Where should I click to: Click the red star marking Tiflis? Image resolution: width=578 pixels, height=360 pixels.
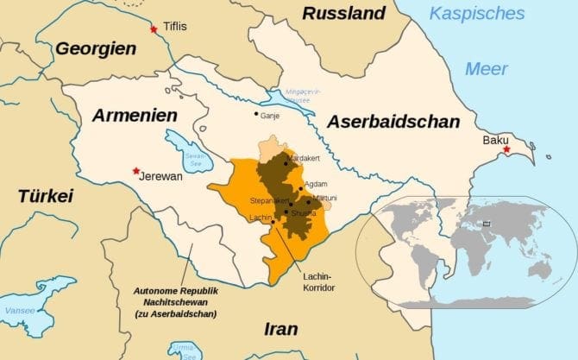coord(154,29)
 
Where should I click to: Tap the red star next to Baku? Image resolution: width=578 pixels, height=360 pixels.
coord(506,150)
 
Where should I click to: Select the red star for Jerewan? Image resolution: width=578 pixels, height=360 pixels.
coord(135,171)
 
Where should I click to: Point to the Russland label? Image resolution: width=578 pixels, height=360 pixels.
coord(343,13)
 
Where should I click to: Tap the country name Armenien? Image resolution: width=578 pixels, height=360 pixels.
coord(135,116)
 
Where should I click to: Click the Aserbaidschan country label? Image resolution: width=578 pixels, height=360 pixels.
coord(393,122)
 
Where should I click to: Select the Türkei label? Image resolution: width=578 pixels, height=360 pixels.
coord(45,196)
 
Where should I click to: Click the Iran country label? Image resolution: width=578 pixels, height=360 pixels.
coord(281,329)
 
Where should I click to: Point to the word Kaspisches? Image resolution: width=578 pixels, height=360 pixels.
coord(477,13)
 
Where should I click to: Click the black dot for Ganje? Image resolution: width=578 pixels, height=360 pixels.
coord(255,113)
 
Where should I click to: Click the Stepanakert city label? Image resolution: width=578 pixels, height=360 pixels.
coord(268,200)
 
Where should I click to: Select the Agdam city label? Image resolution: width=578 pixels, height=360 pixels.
coord(315,185)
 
